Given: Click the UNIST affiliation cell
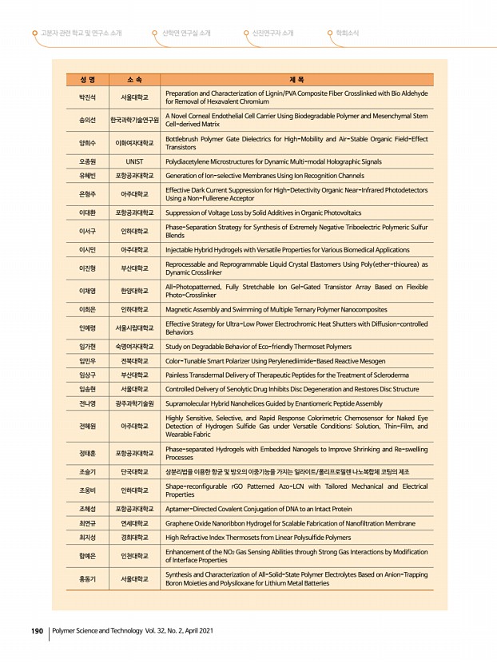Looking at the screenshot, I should point(133,161).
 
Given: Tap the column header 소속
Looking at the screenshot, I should point(133,79).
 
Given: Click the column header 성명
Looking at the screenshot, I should point(87,79).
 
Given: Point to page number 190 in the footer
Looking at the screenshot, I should point(37,631).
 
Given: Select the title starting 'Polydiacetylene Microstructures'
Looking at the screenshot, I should point(272,161).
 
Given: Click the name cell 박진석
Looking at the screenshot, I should point(87,97).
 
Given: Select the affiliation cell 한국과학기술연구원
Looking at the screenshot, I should point(133,120).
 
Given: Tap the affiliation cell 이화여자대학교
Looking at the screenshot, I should point(133,143).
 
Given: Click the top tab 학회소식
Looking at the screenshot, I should point(347,33).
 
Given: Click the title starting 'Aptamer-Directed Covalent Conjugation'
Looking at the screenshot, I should point(258,509).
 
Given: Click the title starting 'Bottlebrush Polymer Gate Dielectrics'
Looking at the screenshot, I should point(296,143).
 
